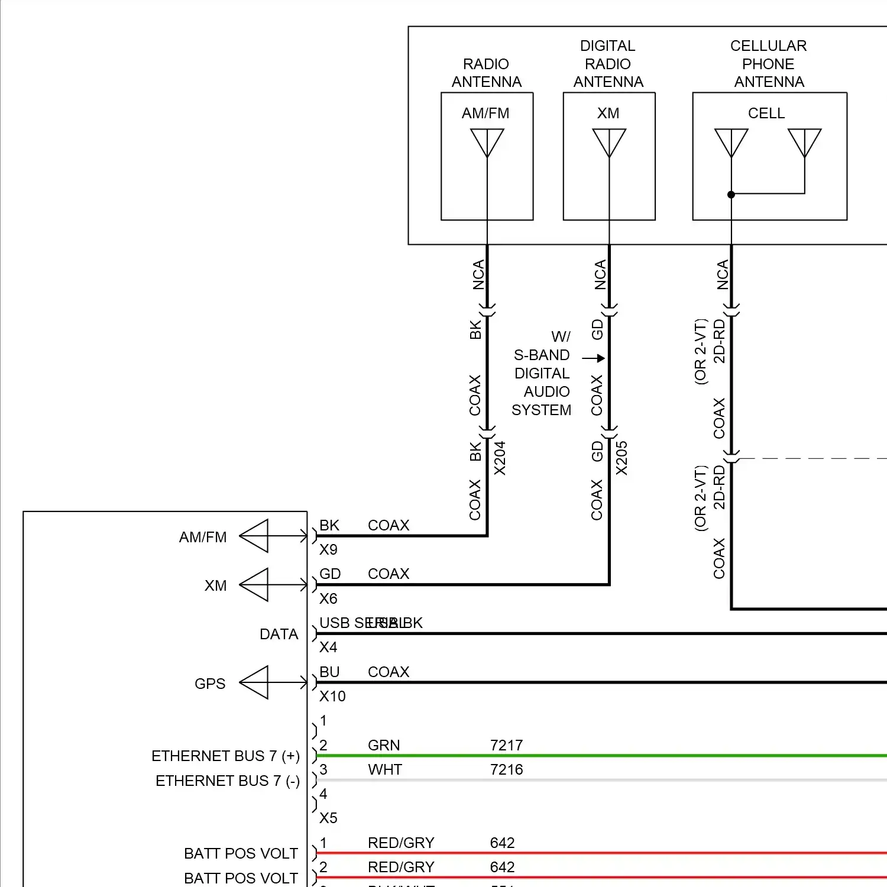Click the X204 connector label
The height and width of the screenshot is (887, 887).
pos(500,458)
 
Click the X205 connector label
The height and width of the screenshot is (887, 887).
pos(621,458)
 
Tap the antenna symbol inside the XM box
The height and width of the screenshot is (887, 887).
pos(609,143)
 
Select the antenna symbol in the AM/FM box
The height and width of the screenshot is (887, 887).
pos(487,143)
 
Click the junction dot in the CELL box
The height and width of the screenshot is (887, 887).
pos(731,195)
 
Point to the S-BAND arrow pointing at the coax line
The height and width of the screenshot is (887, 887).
pos(593,358)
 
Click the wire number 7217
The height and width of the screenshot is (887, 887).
pos(506,745)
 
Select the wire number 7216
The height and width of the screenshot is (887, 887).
pos(506,769)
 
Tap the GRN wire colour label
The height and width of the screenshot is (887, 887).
pos(384,745)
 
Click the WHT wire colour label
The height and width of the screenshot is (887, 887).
pos(385,769)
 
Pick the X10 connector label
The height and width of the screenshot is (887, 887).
pos(332,696)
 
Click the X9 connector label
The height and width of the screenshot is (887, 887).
pos(328,549)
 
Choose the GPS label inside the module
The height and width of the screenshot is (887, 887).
pos(210,684)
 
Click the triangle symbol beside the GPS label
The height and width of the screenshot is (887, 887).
pos(255,682)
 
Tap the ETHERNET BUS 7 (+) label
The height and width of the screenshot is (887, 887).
pos(225,756)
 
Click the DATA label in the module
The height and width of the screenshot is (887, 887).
pos(279,634)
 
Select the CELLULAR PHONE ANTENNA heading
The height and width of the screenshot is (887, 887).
pos(769,63)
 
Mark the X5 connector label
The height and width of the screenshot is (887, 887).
pos(328,818)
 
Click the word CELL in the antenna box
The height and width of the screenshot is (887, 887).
pos(766,113)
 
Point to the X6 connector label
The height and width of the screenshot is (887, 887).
pos(328,598)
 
